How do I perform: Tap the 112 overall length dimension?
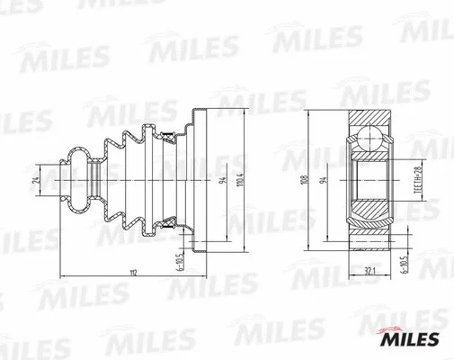coord(132,274)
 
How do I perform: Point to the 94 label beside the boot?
coord(220,180)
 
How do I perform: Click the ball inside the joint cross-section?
coord(368,140)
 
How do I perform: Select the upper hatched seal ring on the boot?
coord(167,136)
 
